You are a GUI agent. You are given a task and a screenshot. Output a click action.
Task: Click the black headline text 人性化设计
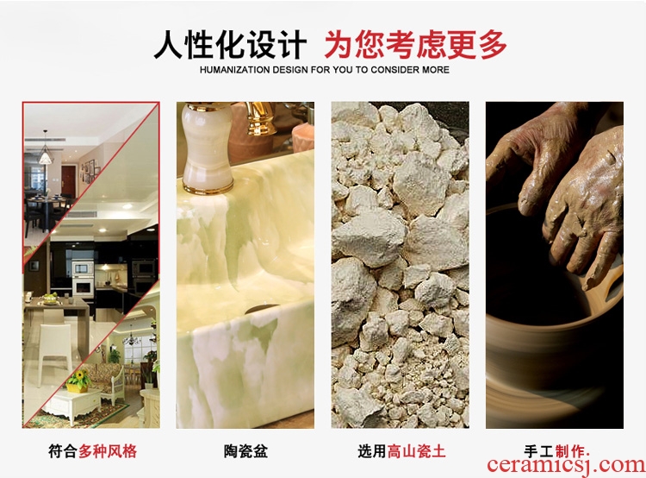pos(230,45)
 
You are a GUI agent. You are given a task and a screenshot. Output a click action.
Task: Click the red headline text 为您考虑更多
pos(415,45)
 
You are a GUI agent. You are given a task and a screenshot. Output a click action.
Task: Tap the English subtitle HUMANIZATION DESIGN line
pos(324,70)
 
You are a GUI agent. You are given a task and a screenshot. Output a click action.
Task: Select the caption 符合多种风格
pos(92,451)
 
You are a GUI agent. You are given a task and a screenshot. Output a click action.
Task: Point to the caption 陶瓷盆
pos(245,451)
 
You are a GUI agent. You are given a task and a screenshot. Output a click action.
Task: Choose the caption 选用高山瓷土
pos(401,451)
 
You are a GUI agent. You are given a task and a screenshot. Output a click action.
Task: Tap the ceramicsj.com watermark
pos(566,465)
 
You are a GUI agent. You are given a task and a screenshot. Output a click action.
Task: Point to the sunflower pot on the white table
pos(78,381)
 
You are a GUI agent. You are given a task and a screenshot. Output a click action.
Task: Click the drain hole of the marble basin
pos(263,309)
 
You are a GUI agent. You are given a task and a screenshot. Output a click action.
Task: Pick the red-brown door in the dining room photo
pos(68,181)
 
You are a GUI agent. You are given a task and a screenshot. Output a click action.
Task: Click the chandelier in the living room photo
pos(132,339)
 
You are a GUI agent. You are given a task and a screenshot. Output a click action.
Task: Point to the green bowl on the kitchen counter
pos(51,299)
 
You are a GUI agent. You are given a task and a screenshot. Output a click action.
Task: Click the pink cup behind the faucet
pos(303,137)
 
